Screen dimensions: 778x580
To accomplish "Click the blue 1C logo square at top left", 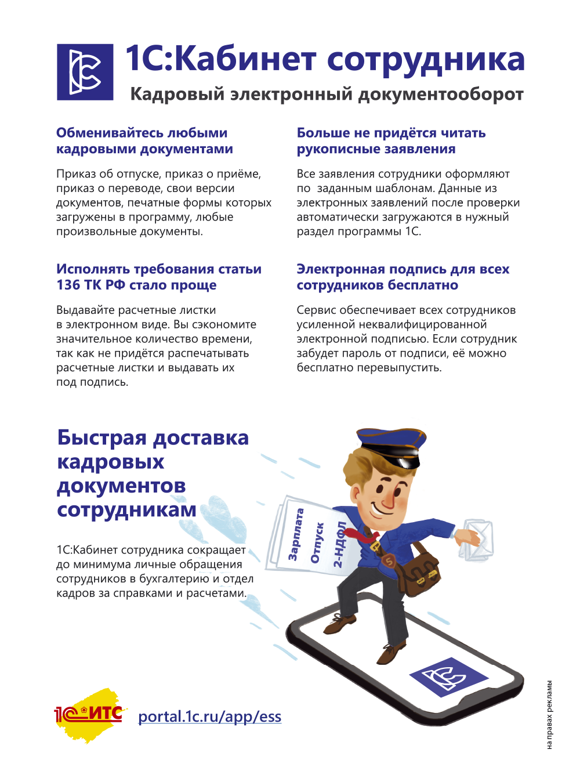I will tap(85, 72).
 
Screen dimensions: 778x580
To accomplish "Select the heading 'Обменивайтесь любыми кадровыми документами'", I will tap(144, 141).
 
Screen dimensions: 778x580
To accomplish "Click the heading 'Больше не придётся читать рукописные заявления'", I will tap(391, 141).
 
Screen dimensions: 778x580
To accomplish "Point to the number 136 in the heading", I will tap(68, 285).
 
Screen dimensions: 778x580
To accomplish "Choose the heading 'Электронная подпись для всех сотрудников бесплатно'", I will tap(403, 277).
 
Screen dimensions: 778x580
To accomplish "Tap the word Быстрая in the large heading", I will tap(101, 437).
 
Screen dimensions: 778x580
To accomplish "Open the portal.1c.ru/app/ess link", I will tap(209, 717).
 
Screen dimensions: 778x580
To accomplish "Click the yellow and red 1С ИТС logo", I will tap(89, 714).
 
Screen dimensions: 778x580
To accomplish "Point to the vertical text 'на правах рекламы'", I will tap(549, 715).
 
